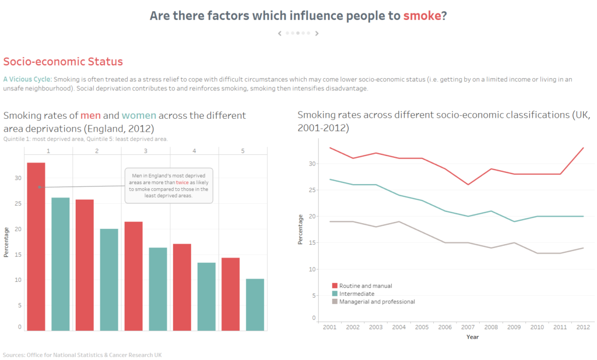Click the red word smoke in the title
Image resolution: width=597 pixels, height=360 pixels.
click(x=422, y=16)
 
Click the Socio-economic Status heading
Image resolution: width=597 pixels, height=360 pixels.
click(x=63, y=62)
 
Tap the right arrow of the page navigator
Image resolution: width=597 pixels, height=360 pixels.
click(x=317, y=33)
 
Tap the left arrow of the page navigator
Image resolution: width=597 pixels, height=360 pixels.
click(x=280, y=33)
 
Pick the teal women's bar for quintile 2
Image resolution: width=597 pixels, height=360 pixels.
click(x=109, y=280)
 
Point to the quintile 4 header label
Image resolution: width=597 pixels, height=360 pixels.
click(x=194, y=151)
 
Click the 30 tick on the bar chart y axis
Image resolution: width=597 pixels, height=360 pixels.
click(x=19, y=178)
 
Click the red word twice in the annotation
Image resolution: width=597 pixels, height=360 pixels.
click(x=182, y=182)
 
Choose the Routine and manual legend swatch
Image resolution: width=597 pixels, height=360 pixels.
click(x=335, y=286)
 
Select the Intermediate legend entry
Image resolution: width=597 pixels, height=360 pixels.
click(x=356, y=294)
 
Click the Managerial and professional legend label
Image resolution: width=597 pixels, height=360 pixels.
click(x=377, y=302)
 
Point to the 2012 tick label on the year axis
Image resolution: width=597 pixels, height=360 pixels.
click(x=583, y=327)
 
